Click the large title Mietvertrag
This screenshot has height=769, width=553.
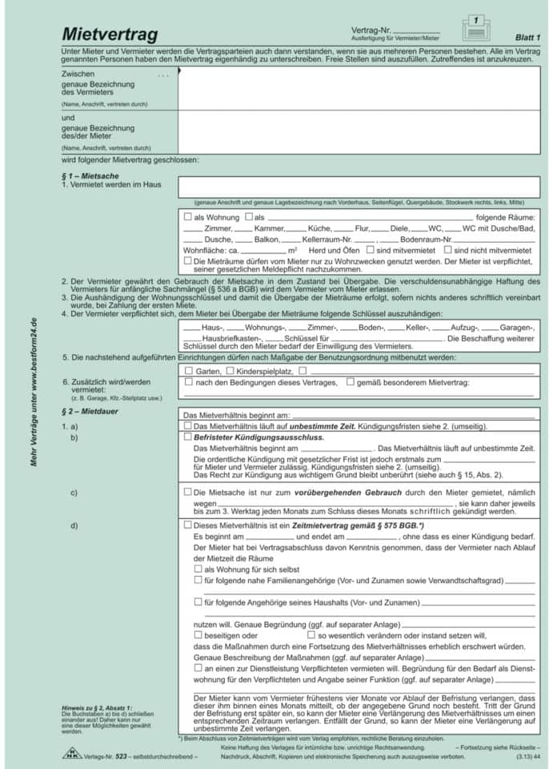110,34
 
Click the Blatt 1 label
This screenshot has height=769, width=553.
527,38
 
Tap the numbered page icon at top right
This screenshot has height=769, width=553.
475,27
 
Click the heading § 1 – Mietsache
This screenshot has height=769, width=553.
90,174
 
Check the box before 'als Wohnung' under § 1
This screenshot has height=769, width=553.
188,217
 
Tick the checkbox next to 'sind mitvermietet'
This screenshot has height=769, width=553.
370,250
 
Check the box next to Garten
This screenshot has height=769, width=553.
189,371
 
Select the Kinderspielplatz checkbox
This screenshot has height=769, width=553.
230,371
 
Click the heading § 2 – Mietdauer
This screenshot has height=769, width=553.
90,411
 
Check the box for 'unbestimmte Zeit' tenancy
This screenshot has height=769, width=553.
188,426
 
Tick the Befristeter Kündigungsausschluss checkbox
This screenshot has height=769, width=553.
188,437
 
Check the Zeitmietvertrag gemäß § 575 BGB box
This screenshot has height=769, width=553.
188,525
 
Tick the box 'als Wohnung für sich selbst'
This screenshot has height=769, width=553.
198,568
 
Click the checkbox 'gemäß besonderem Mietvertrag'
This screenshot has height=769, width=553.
351,382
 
